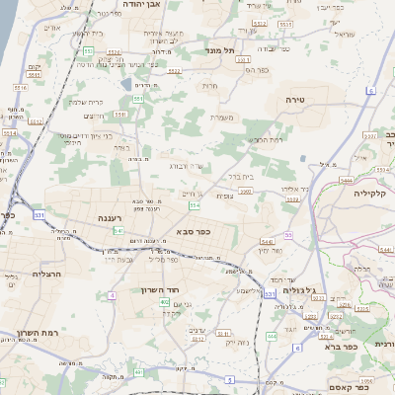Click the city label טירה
pos(295,100)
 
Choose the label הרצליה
pos(46,274)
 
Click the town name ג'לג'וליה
pos(300,290)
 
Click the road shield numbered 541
pos(119,230)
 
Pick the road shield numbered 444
pos(272,336)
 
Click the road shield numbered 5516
pos(20,88)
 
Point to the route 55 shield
pos(288,235)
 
